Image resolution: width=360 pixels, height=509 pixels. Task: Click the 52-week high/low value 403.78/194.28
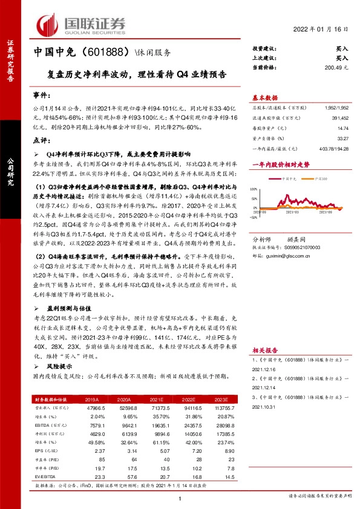point(332,148)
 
